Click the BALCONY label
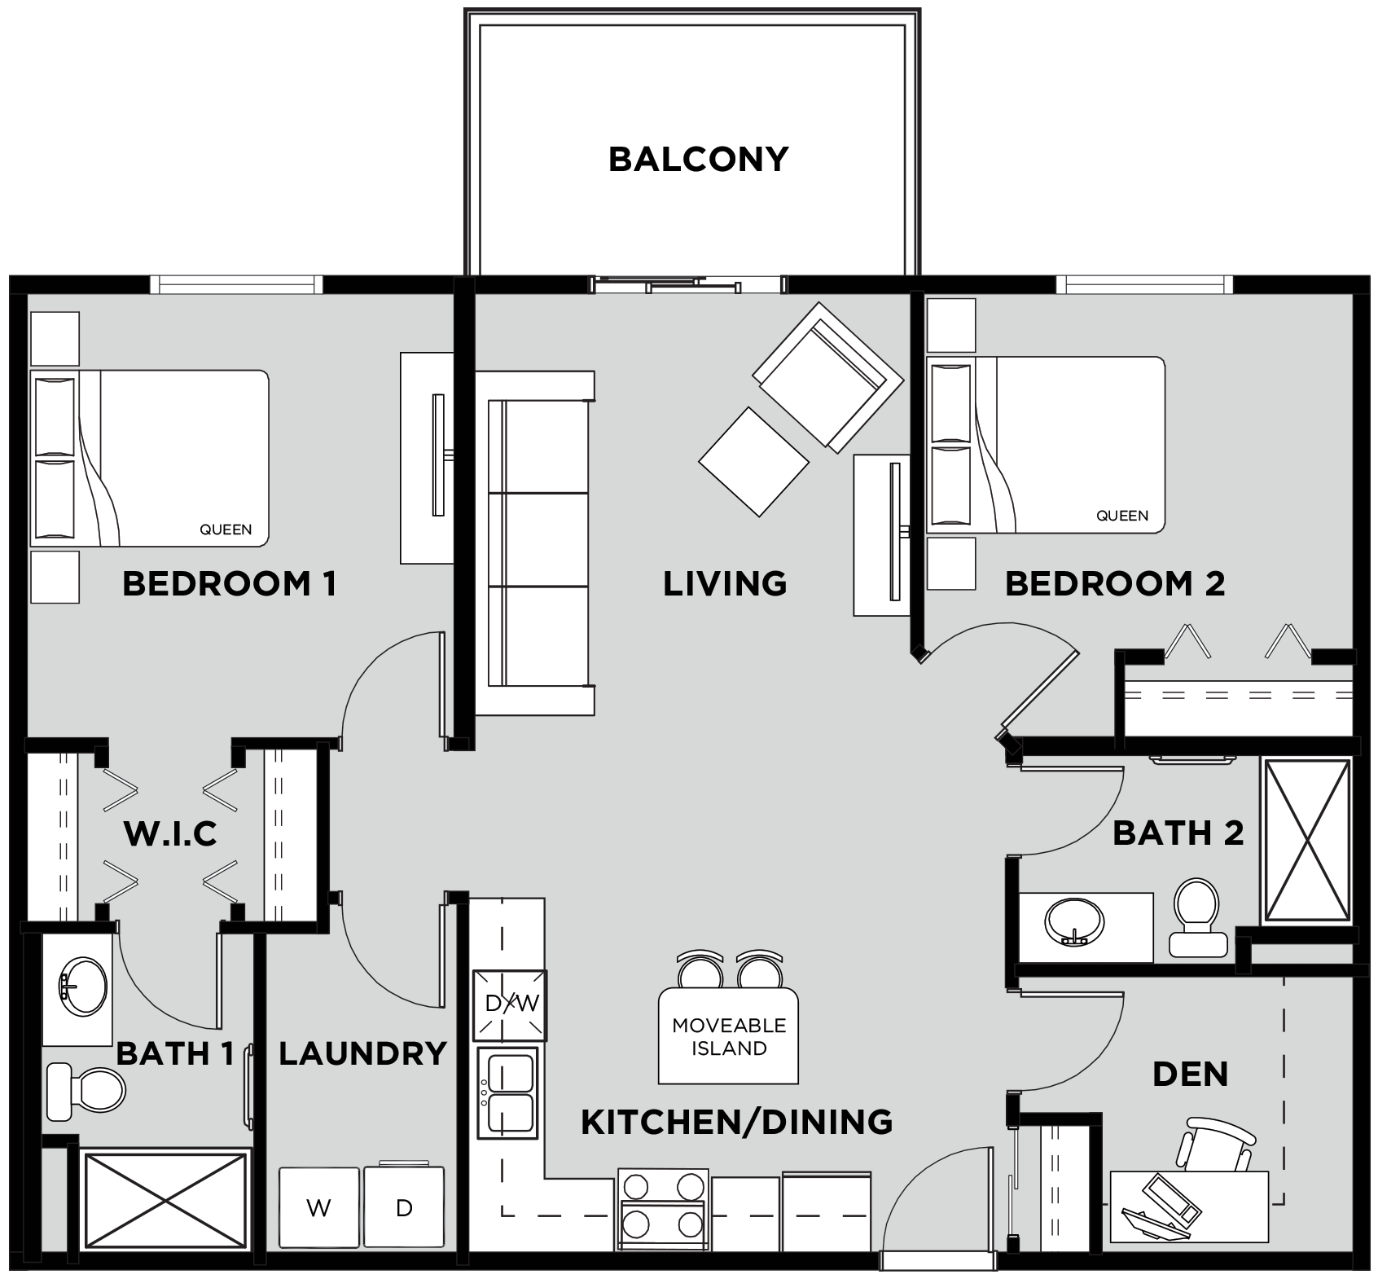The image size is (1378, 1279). tap(698, 159)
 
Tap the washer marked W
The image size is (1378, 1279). tap(319, 1207)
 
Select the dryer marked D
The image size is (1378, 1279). tap(404, 1207)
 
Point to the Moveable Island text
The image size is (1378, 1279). tap(729, 1036)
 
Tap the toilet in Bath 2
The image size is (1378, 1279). tap(1196, 917)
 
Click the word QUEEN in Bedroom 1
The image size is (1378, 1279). tap(226, 530)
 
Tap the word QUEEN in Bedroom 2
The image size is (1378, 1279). tap(1122, 516)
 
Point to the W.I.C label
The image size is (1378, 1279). tap(170, 833)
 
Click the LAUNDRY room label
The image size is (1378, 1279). tap(362, 1053)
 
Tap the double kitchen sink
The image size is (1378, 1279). tap(508, 1093)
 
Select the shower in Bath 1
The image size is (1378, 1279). tap(166, 1199)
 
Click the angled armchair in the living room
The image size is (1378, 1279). tap(827, 376)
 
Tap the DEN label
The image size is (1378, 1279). tap(1190, 1074)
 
